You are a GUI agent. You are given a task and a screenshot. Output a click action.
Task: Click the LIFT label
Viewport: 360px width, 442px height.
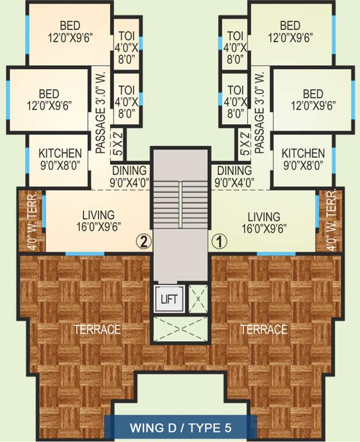click(x=169, y=299)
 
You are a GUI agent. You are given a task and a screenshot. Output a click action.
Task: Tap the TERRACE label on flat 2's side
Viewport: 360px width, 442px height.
click(x=97, y=329)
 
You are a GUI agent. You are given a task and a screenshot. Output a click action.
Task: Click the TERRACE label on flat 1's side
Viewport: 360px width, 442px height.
click(x=264, y=329)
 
